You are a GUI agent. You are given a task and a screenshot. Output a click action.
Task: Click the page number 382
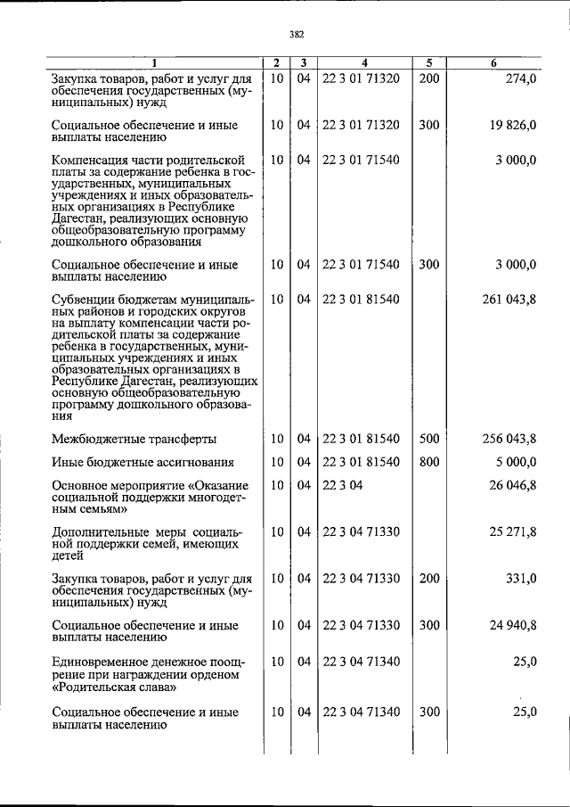[297, 35]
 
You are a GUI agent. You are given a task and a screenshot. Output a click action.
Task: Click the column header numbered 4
[365, 63]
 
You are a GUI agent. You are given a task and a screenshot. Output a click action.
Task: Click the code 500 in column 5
[429, 439]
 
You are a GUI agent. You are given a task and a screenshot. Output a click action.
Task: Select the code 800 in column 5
[429, 462]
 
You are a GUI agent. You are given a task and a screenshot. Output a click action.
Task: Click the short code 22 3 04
[342, 484]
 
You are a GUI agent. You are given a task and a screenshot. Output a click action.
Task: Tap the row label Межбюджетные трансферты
[134, 440]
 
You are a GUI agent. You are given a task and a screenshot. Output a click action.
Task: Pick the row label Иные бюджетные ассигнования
[143, 463]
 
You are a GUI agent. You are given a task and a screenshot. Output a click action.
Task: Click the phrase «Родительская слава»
[112, 688]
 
